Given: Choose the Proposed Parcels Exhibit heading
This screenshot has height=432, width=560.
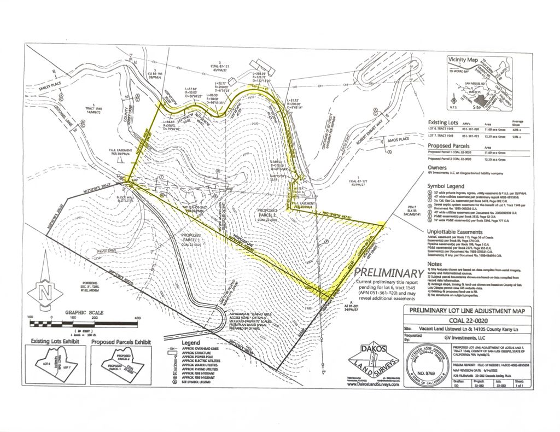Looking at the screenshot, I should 121,342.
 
